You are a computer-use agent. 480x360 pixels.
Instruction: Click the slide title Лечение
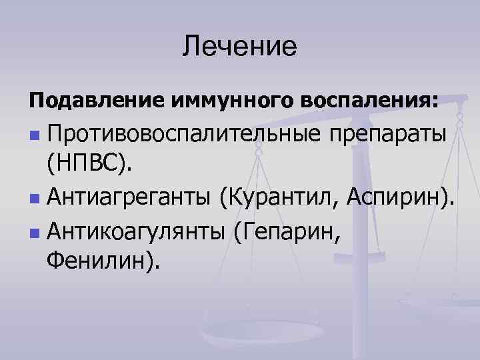tap(239, 46)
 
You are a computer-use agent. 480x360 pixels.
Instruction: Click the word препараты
tap(389, 134)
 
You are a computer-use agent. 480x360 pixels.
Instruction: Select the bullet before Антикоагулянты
tap(34, 232)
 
